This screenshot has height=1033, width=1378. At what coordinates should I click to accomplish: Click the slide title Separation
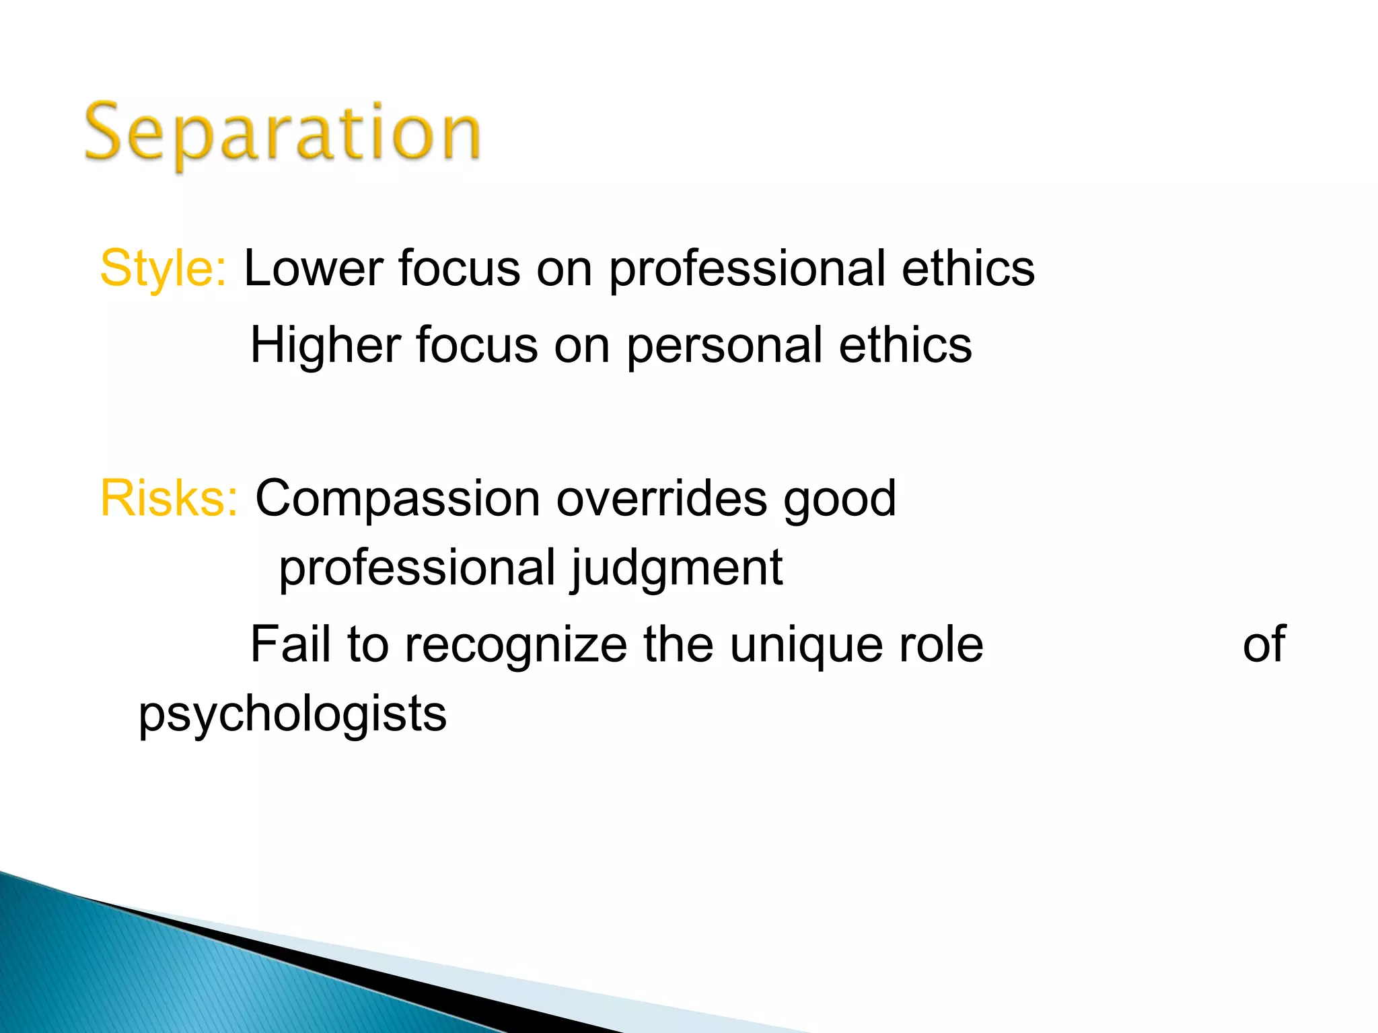283,132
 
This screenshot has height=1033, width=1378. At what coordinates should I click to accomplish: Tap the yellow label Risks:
169,498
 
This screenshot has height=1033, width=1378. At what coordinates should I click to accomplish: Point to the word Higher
325,345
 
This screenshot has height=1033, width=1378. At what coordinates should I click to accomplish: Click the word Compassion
398,500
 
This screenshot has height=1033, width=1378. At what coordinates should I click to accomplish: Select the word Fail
291,644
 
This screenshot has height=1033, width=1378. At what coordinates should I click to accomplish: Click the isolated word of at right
1264,644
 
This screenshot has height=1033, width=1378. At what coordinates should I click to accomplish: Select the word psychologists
293,715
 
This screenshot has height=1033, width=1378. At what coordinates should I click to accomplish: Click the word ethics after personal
905,345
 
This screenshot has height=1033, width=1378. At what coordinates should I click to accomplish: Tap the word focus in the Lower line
460,268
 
